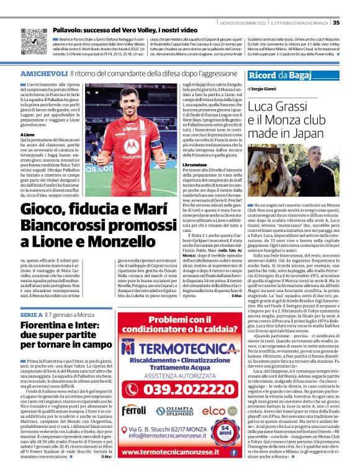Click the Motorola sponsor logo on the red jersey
click(131, 148)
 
